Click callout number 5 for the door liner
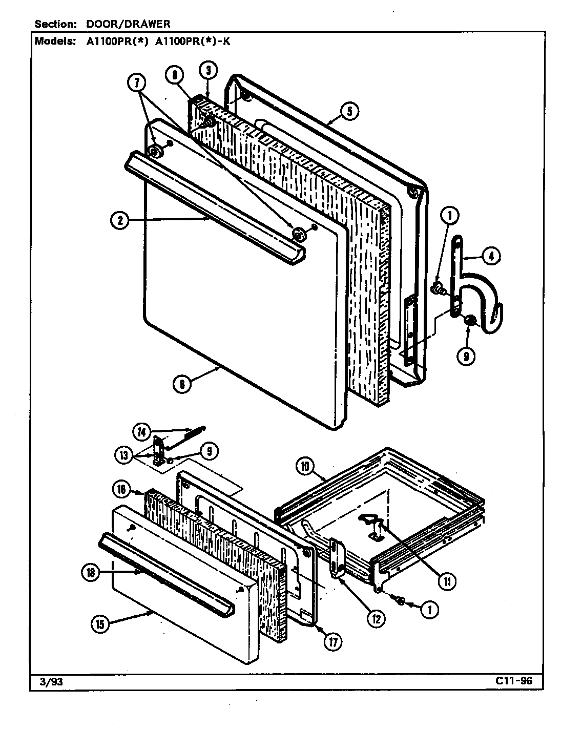349,111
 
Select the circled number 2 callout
119,221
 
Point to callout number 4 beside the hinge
491,256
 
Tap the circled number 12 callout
376,618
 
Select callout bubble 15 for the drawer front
99,624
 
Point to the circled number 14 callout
141,432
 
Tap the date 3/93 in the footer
49,681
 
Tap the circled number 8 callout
175,75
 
